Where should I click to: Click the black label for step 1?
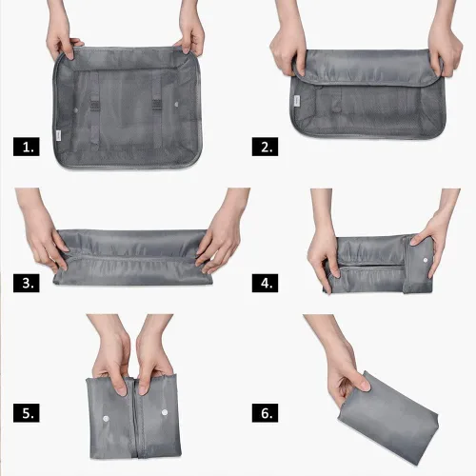[27, 147]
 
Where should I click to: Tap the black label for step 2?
[265, 147]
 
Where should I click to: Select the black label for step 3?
[27, 283]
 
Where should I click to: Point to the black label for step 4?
[265, 283]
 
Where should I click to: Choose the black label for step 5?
[27, 413]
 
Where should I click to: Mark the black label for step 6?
[265, 413]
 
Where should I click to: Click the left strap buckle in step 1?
[94, 105]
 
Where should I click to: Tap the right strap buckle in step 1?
[157, 105]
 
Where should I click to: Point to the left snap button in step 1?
[76, 110]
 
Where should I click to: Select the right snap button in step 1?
[176, 104]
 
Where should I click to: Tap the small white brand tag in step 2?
[296, 100]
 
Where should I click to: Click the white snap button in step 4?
[426, 260]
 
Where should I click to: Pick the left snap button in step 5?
[106, 419]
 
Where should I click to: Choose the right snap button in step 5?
[165, 412]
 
